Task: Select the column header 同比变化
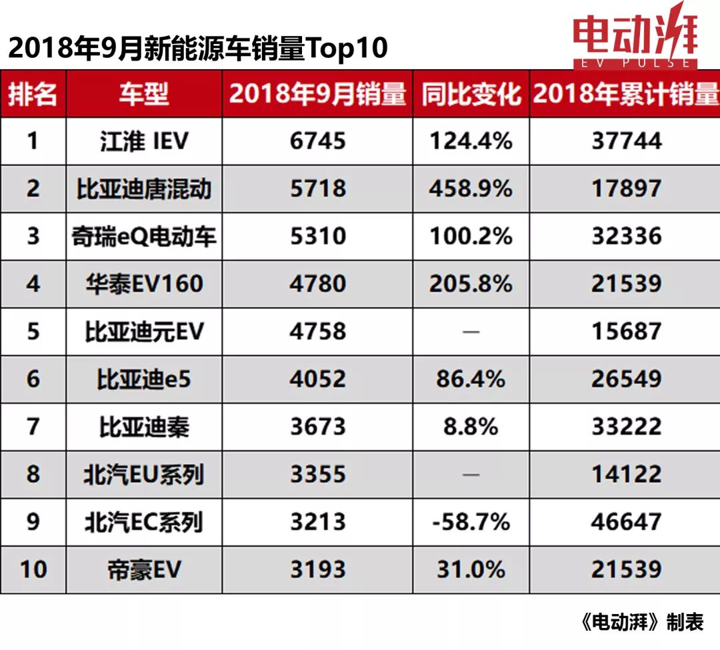471,94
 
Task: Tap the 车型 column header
143,94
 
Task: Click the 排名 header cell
33,94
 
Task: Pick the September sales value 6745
318,141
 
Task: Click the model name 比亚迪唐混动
143,188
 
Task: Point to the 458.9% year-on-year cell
471,188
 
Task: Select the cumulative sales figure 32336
626,236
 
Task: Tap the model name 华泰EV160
143,284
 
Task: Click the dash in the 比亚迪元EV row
471,332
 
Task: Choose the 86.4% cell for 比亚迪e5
471,379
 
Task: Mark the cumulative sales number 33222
626,427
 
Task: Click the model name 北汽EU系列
143,474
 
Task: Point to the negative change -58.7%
471,522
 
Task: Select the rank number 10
33,569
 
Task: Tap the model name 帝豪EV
143,569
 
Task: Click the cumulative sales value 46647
626,522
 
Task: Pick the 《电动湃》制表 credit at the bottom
642,622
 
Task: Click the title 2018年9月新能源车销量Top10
197,49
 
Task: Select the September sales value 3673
318,427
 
